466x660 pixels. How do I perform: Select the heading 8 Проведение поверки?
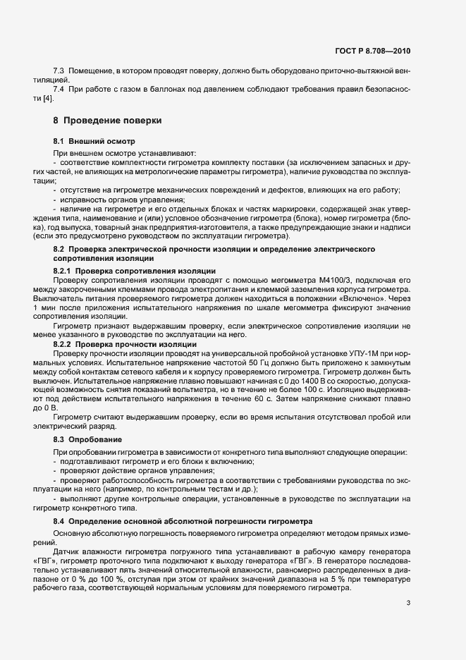tap(108, 121)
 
